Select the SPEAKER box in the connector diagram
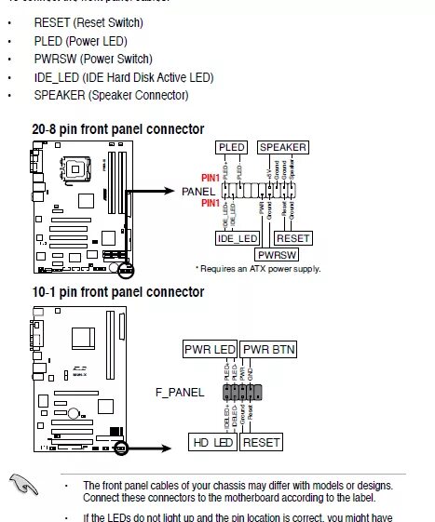(x=282, y=147)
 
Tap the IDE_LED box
(x=238, y=238)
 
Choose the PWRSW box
(x=277, y=253)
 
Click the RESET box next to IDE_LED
(x=293, y=238)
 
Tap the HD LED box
(x=213, y=443)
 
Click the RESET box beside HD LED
(x=261, y=443)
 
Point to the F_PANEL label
(x=178, y=393)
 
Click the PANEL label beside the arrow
(x=198, y=192)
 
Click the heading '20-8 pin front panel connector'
(x=117, y=128)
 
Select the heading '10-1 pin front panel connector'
(x=117, y=291)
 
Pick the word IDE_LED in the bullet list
(x=57, y=77)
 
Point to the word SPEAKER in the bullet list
(x=60, y=95)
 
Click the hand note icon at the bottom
(x=25, y=482)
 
